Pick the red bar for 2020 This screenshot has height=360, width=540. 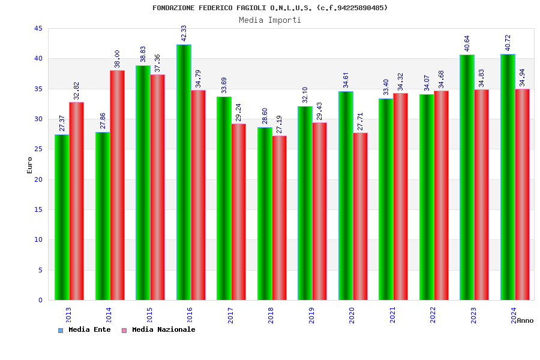[x=360, y=216]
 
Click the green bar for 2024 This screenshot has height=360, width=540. [x=508, y=177]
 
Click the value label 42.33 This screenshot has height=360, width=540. [x=184, y=34]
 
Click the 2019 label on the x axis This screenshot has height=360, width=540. [x=311, y=316]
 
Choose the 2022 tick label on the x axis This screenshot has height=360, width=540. [x=433, y=316]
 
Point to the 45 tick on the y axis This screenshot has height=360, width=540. [x=38, y=29]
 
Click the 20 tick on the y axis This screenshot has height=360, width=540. [x=38, y=179]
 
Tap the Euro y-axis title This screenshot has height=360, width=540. [x=30, y=165]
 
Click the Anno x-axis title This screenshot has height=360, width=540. [x=525, y=320]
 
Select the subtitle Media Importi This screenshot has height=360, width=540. [x=270, y=20]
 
